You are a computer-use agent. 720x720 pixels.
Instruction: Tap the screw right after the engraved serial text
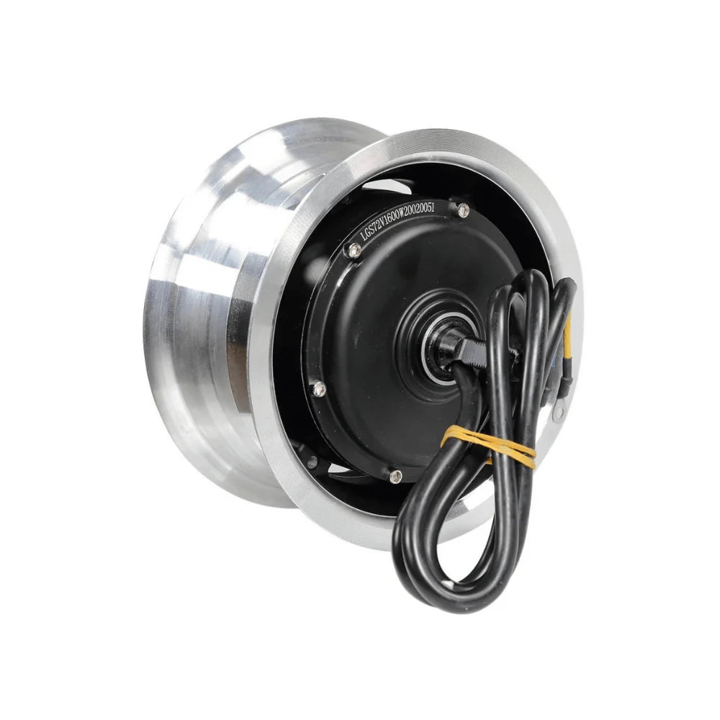click(463, 210)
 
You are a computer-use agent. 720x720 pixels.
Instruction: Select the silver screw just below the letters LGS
click(353, 250)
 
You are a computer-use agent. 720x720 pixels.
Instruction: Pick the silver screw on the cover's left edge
click(318, 389)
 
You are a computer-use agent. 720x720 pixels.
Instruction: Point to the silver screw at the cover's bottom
click(395, 475)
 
